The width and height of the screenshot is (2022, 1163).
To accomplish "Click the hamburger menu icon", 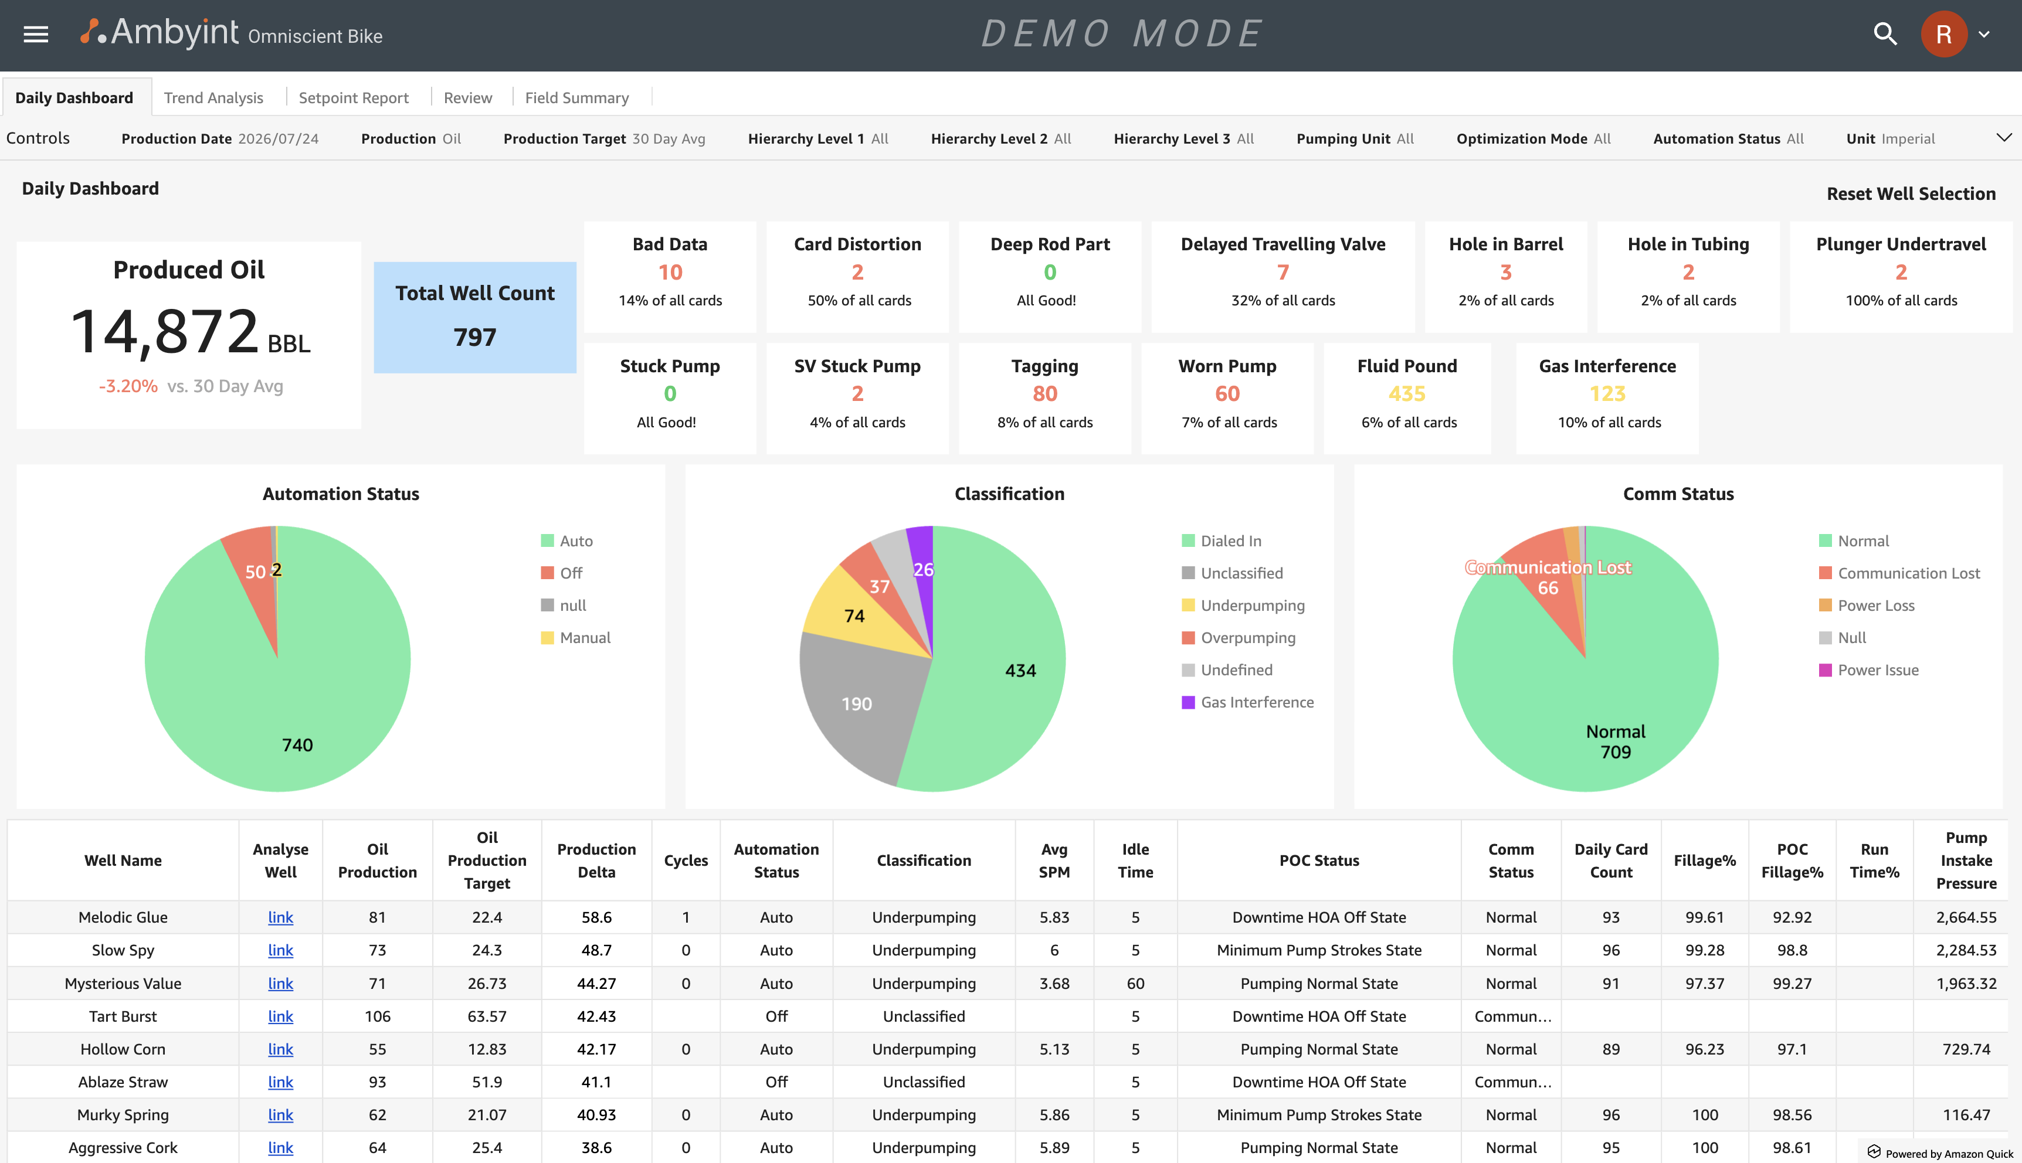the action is (x=36, y=35).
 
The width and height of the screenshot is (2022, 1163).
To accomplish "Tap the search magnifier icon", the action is (x=1885, y=35).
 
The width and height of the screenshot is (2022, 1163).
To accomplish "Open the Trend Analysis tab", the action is (x=213, y=97).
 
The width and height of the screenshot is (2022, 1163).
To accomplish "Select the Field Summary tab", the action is (x=577, y=97).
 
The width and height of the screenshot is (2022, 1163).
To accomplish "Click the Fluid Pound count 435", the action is (x=1407, y=394).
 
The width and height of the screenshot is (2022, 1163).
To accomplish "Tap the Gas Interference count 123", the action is (x=1607, y=394).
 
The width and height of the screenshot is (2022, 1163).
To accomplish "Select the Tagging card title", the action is (x=1045, y=366).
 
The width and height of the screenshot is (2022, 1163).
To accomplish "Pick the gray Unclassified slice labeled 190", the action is (x=856, y=703).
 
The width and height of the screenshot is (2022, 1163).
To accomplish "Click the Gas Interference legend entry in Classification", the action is (x=1248, y=702).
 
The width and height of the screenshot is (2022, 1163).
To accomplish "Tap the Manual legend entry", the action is (x=576, y=637).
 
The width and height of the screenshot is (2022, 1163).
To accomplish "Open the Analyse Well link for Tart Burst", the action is (x=280, y=1016).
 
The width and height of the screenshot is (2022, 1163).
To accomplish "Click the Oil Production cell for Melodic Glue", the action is (x=377, y=917).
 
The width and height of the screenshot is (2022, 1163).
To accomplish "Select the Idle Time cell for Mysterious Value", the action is (x=1135, y=983).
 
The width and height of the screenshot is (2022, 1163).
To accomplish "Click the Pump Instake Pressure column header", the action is (x=1966, y=861).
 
